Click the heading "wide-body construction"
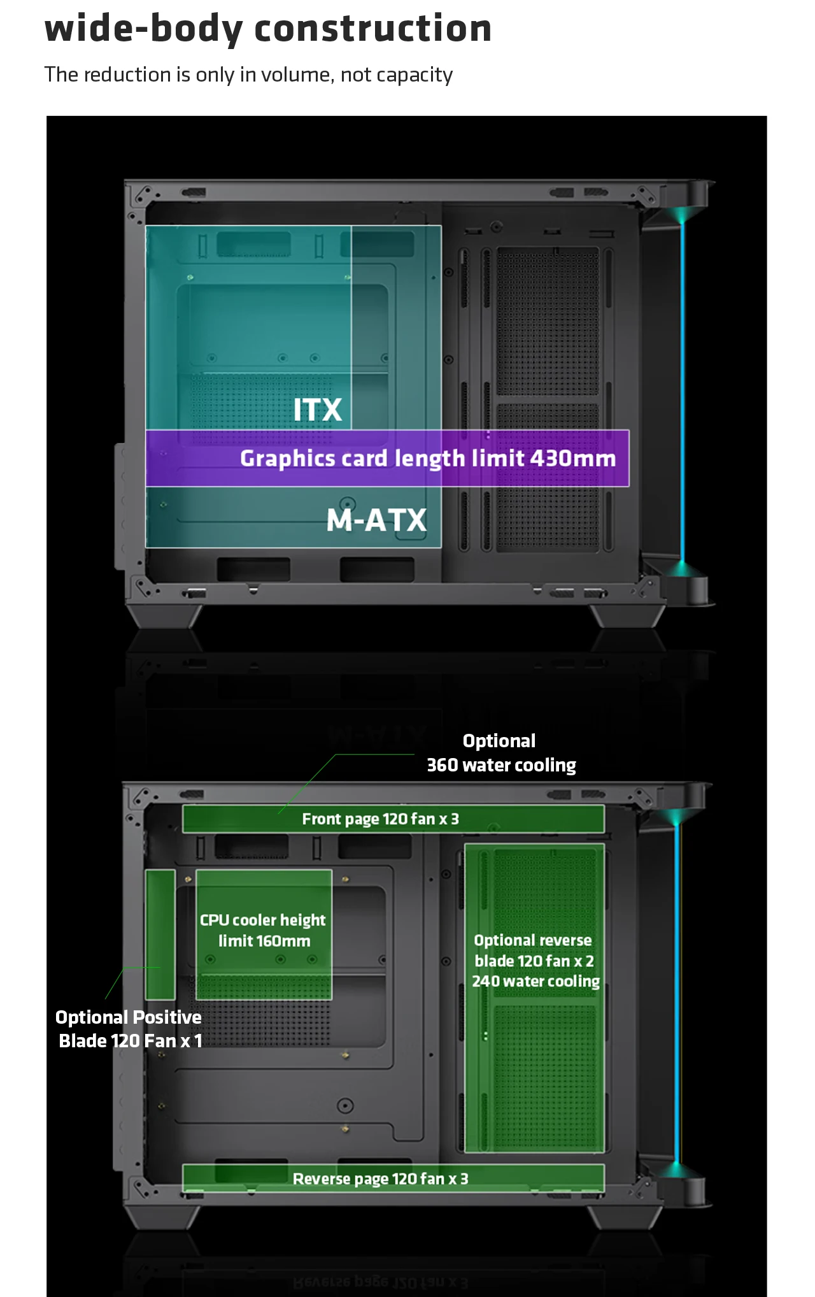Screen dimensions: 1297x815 tap(267, 29)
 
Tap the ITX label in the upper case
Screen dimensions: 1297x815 tap(317, 410)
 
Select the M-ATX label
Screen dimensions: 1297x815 tap(376, 520)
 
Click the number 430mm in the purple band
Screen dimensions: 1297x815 tap(572, 459)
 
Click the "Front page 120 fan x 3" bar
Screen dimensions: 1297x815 tap(393, 819)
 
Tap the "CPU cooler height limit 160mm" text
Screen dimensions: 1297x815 tap(263, 931)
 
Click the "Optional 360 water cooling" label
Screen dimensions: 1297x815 tap(500, 753)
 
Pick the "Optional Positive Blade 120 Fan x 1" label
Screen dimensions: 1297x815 tap(129, 1029)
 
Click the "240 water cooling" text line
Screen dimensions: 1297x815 tap(535, 982)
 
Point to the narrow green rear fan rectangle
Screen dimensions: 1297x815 tap(160, 934)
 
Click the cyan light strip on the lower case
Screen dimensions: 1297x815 tap(677, 994)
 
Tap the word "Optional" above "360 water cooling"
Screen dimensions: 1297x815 tap(499, 741)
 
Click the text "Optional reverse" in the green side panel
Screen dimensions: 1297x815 tap(533, 941)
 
